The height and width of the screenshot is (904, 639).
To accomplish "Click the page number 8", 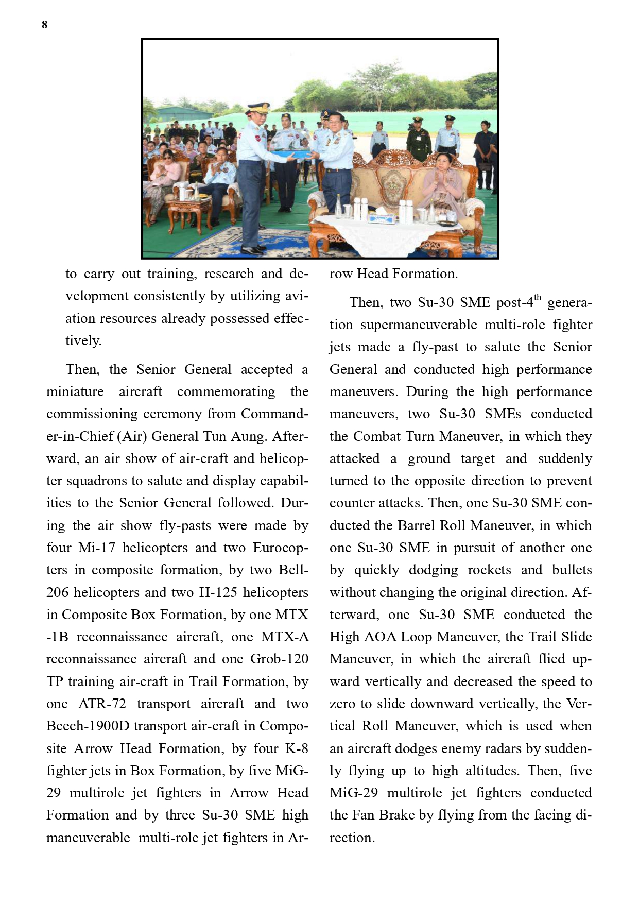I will point(45,25).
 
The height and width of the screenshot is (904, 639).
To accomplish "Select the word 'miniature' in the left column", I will point(75,392).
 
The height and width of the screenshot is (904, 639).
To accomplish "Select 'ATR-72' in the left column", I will point(102,704).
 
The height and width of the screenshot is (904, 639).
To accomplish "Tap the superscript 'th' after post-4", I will point(538,298).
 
